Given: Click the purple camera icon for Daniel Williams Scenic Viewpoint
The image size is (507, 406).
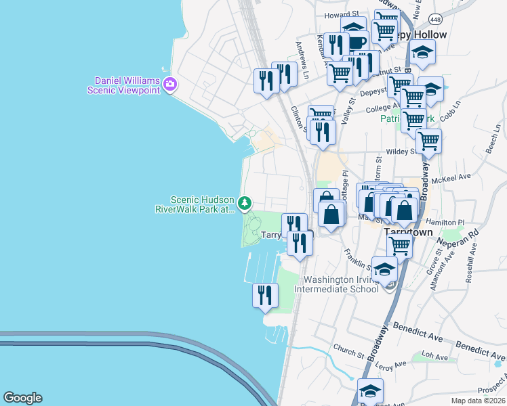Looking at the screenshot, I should [x=169, y=85].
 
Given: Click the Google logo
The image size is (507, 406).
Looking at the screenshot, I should [x=22, y=398].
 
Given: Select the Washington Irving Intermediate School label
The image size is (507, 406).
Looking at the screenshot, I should [x=340, y=284].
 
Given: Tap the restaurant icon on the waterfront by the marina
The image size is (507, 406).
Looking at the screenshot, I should [x=265, y=295].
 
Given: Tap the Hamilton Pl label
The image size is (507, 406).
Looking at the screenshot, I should [x=445, y=222].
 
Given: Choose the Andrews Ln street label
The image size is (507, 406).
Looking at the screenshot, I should [x=302, y=60].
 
